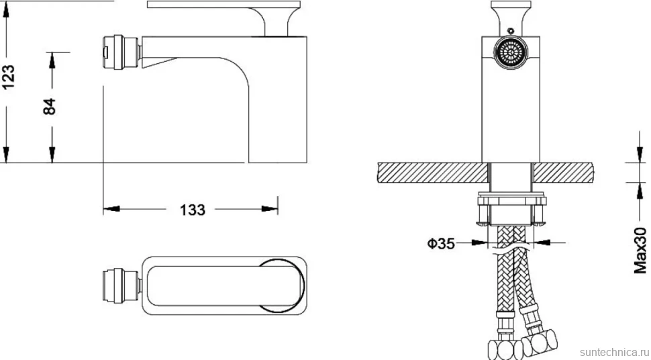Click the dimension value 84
50,107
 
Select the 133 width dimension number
193,210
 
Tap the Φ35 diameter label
441,244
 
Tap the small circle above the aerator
510,30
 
